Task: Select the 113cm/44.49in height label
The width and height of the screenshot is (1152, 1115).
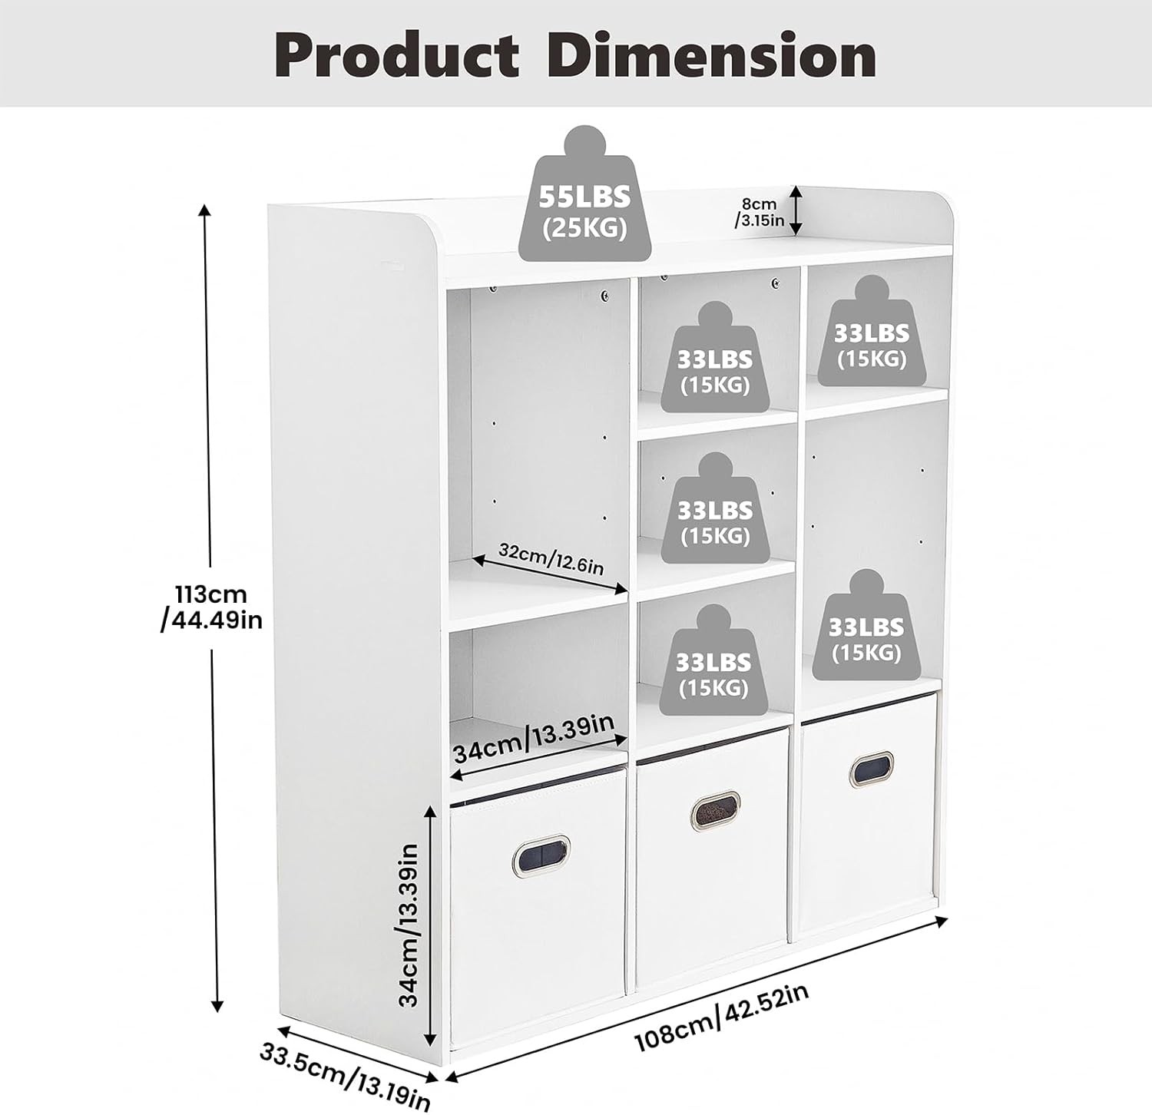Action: point(211,607)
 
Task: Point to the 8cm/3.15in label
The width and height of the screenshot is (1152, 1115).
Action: point(760,213)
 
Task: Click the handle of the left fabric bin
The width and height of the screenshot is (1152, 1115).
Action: point(541,854)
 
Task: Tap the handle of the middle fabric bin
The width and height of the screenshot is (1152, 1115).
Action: point(715,810)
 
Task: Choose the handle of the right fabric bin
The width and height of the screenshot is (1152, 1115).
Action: point(871,769)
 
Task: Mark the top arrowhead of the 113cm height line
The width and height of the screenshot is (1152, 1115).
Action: point(204,210)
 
